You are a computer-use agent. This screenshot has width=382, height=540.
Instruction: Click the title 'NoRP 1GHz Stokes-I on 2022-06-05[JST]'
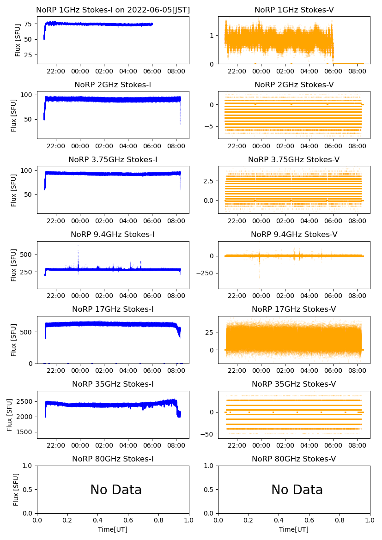(x=113, y=10)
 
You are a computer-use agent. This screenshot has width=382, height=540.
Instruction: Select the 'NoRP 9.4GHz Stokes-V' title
(x=294, y=234)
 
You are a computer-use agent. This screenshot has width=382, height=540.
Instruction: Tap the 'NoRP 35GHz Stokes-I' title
(x=113, y=384)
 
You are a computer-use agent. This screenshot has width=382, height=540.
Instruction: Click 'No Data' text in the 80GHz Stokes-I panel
(x=116, y=490)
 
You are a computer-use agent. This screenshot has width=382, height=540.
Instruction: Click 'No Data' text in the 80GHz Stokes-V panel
(x=297, y=490)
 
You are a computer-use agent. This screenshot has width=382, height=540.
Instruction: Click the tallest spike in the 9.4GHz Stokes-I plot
(x=78, y=246)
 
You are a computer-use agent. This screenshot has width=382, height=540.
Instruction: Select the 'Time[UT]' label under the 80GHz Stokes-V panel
(x=294, y=529)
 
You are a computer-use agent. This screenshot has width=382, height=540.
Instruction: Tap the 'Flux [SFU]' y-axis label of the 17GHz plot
(x=14, y=340)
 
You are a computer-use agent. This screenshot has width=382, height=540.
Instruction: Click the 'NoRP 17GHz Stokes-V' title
(x=294, y=309)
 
